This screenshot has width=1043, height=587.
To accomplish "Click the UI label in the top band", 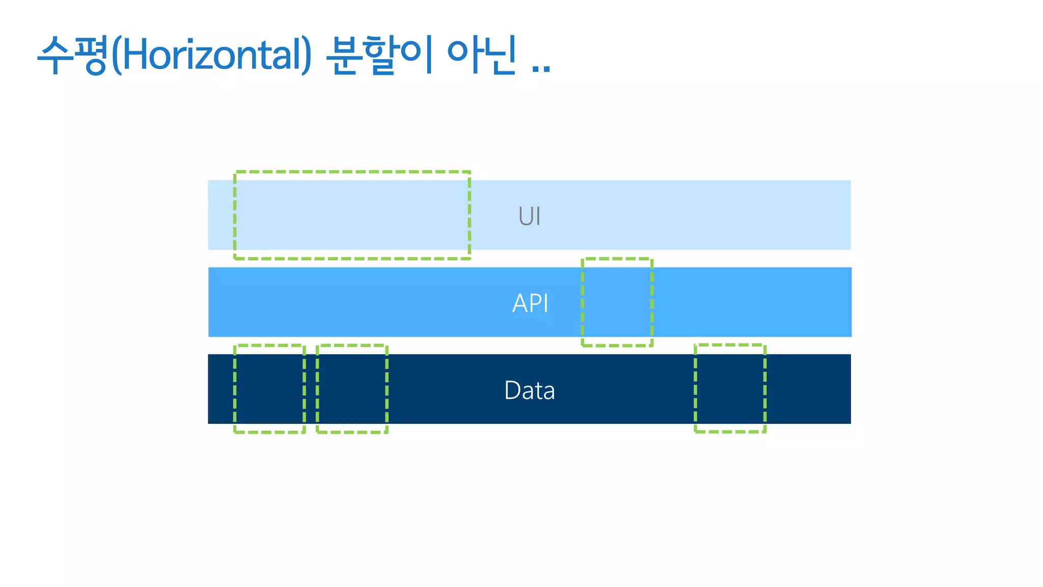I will (x=529, y=216).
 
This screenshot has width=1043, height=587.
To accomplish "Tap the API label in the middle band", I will (x=530, y=303).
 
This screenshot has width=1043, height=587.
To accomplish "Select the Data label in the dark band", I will (x=529, y=390).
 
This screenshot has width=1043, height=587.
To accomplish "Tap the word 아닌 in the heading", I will (x=482, y=55).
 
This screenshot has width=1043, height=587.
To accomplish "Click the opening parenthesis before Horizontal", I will (x=116, y=55).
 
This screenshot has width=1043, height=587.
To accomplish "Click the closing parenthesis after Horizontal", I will (x=307, y=55).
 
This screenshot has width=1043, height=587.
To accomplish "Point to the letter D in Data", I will (x=512, y=390).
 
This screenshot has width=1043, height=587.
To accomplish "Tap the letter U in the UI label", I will (x=525, y=216).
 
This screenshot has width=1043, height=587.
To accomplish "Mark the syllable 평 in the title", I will (x=92, y=55).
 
